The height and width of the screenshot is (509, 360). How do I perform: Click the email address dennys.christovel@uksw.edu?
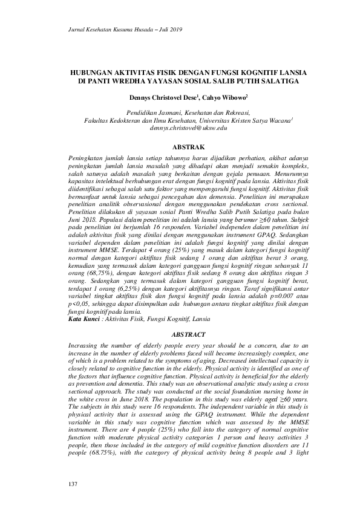click(187, 129)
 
